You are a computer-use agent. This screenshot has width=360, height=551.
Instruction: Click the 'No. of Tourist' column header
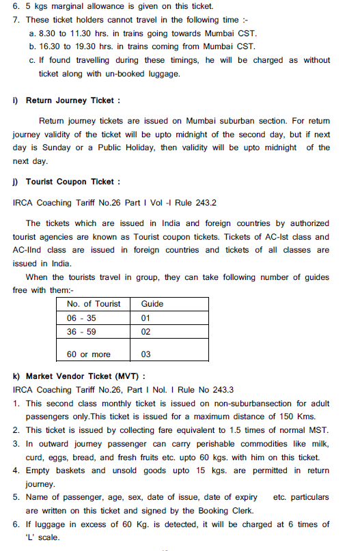click(x=94, y=303)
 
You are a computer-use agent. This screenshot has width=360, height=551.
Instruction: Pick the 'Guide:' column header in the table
click(x=152, y=303)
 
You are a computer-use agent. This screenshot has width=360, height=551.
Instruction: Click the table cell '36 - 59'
click(x=82, y=331)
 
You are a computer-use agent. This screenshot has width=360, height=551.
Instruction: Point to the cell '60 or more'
click(x=87, y=354)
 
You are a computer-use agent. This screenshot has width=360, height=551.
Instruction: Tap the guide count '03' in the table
click(x=146, y=354)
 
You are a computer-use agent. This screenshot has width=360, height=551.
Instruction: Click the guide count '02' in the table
click(x=146, y=331)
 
